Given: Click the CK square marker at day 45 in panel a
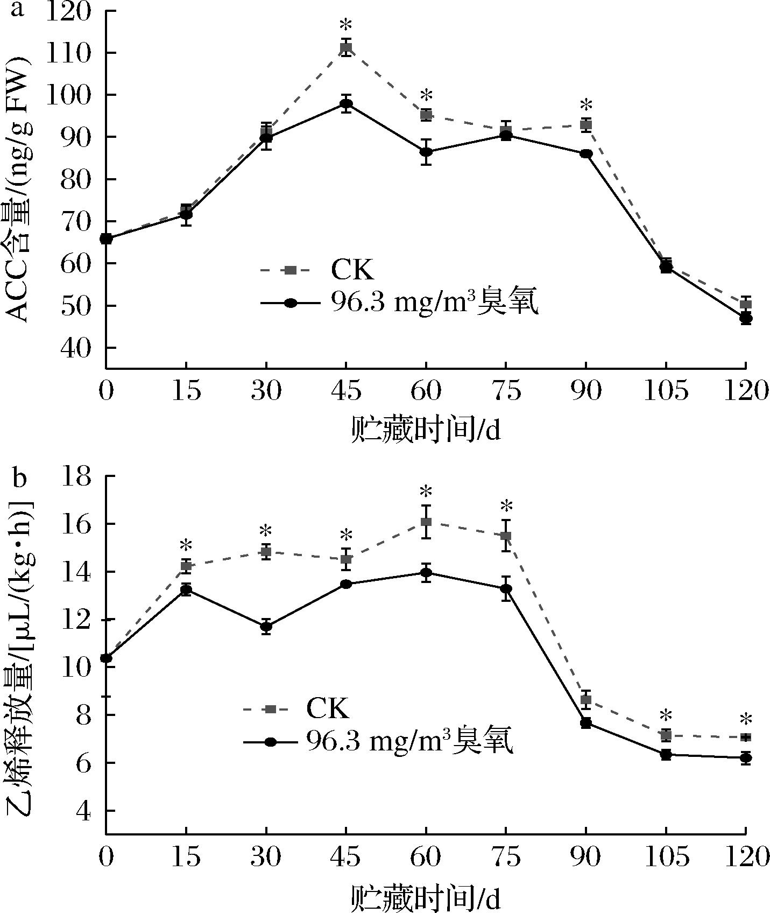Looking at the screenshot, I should point(346,48).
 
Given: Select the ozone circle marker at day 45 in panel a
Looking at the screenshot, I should point(346,104).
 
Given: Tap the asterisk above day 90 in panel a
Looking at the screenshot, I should point(586,105).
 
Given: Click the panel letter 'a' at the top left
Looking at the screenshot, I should point(17,9).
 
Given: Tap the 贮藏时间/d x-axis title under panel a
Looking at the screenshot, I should point(425,430).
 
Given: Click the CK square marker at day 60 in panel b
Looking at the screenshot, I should point(426,522).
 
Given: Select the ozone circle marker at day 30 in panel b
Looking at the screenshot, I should point(266,626).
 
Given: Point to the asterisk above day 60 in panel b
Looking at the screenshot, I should point(426,491).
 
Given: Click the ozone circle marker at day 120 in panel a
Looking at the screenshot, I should point(746,318).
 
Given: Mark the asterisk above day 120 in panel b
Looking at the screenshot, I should point(746,719).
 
